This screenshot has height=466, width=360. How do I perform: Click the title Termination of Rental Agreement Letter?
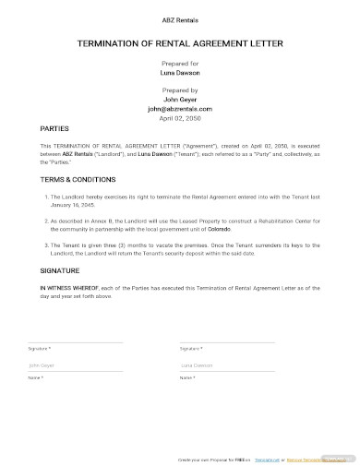point(180,42)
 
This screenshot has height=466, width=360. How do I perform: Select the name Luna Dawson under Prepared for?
point(180,71)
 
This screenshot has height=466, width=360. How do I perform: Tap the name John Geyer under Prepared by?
point(180,99)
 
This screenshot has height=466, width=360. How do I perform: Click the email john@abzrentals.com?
point(180,108)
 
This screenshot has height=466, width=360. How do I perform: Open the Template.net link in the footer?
point(267,459)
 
